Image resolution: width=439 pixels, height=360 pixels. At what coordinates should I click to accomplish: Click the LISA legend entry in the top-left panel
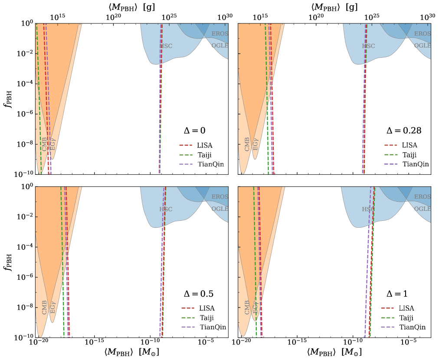(x=204, y=146)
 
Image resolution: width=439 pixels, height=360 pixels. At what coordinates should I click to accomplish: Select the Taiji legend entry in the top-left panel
(x=204, y=155)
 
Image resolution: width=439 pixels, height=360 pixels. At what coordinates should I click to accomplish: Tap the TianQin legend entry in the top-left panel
(x=211, y=164)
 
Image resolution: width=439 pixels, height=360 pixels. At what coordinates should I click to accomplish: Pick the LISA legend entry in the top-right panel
(x=409, y=146)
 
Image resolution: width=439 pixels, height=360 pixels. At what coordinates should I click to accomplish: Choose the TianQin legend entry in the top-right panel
(x=416, y=164)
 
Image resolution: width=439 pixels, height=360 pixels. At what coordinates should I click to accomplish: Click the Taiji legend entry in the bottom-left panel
(x=206, y=317)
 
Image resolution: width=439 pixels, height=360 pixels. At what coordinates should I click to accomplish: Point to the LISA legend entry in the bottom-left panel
(x=206, y=308)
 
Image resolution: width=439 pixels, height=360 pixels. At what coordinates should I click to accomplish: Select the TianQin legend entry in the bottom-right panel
(x=412, y=327)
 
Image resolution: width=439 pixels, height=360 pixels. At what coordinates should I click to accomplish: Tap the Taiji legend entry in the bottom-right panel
(x=406, y=317)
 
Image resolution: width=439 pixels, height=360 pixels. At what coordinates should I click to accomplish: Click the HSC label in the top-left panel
(x=166, y=46)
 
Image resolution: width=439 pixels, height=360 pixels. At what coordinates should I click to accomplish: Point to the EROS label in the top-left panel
(x=219, y=33)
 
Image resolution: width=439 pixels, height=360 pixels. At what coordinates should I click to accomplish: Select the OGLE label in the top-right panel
(x=422, y=46)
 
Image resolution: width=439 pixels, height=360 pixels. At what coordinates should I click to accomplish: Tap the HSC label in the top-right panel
(x=368, y=46)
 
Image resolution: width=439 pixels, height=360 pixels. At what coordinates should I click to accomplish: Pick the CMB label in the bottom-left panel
(x=45, y=308)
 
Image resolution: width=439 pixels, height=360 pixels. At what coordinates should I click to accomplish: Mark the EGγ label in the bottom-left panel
(x=52, y=307)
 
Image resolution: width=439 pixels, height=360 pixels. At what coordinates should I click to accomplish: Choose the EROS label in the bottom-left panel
(x=219, y=197)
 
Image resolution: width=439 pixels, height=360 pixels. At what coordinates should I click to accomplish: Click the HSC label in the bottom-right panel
(x=368, y=209)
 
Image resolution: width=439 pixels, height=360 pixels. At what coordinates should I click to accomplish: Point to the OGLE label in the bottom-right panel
(x=422, y=209)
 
